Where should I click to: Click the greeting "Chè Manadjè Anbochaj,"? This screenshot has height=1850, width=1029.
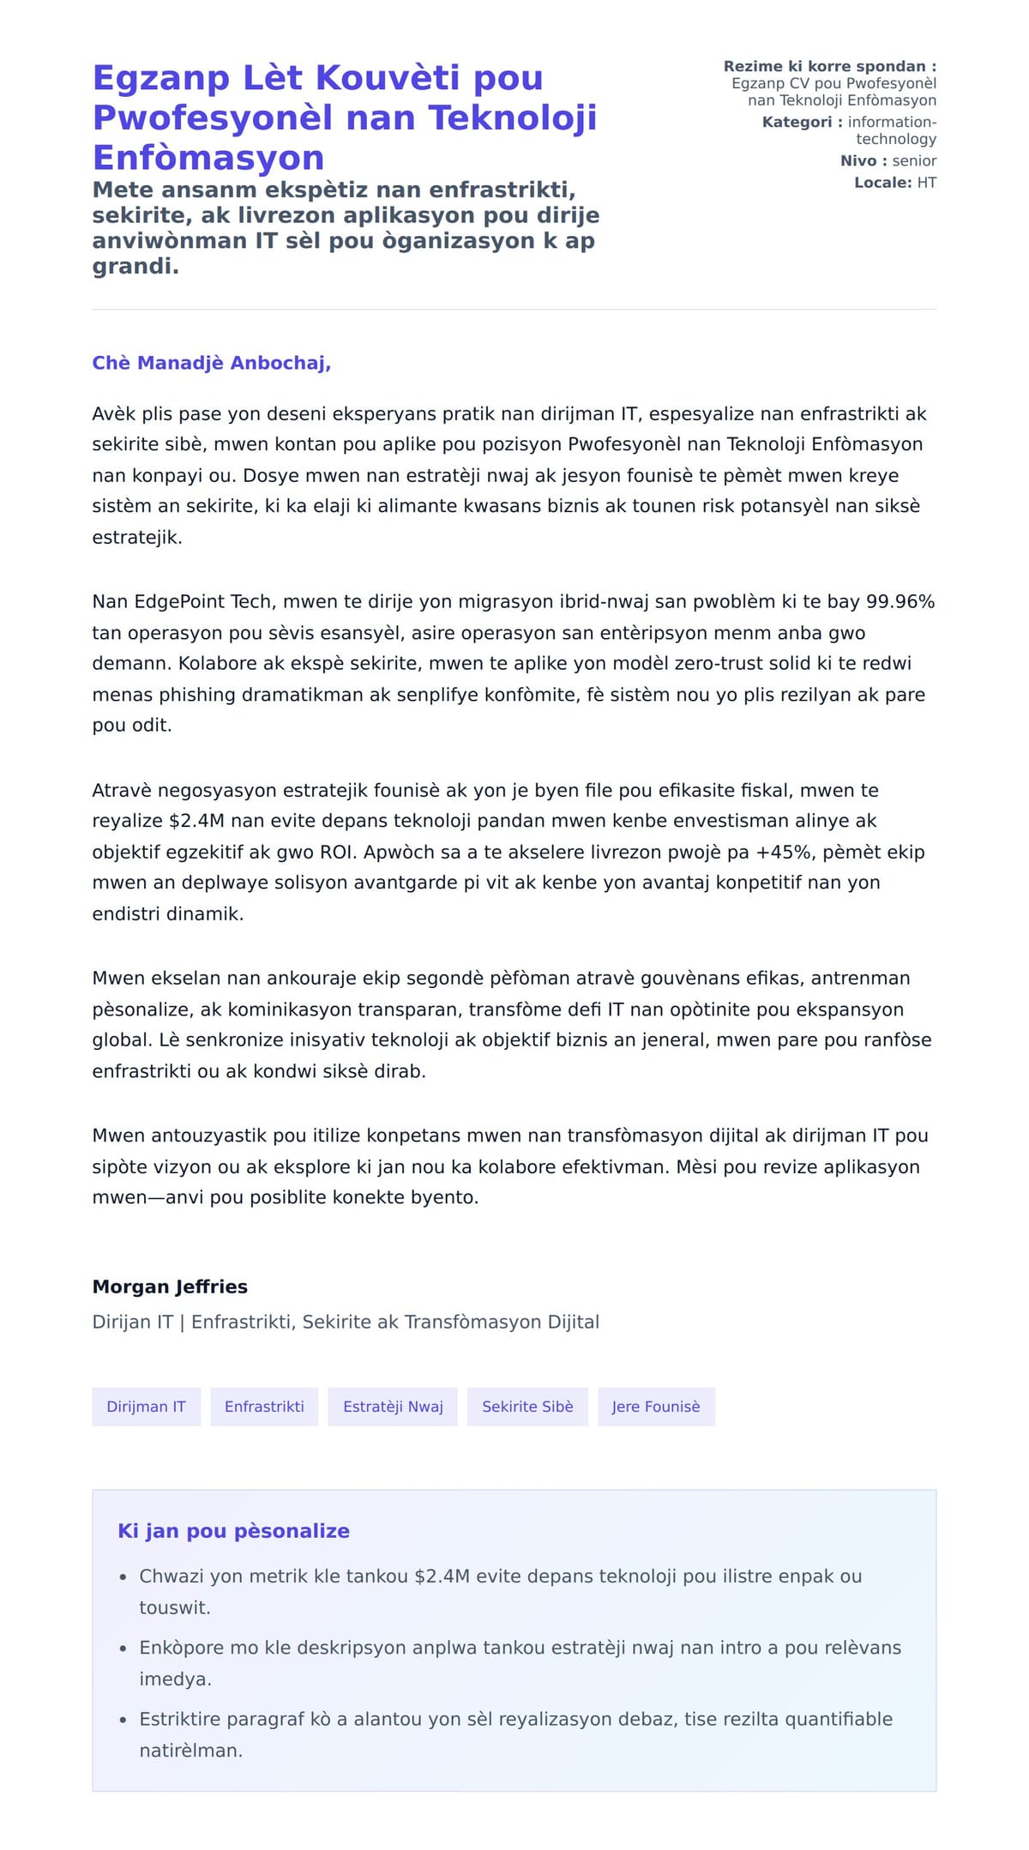click(211, 363)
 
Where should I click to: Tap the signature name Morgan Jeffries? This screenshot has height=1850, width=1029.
click(170, 1287)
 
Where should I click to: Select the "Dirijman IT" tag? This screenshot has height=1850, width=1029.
click(146, 1407)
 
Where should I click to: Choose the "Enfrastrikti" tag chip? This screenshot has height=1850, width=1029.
click(264, 1407)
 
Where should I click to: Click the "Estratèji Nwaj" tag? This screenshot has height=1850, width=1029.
click(393, 1407)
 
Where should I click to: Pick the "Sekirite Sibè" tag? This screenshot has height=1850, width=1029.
click(527, 1407)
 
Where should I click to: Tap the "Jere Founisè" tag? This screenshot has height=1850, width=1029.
click(656, 1407)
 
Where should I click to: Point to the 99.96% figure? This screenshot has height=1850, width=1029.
click(900, 601)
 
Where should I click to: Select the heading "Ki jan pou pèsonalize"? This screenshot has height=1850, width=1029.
click(233, 1531)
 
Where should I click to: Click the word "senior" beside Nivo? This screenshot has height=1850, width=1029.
click(914, 160)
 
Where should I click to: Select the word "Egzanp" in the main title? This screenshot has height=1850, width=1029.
click(161, 77)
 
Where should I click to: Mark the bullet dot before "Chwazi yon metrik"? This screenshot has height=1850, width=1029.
click(123, 1576)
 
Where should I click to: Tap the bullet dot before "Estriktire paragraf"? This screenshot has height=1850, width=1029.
click(123, 1720)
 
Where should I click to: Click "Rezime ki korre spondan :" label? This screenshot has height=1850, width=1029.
click(829, 66)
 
